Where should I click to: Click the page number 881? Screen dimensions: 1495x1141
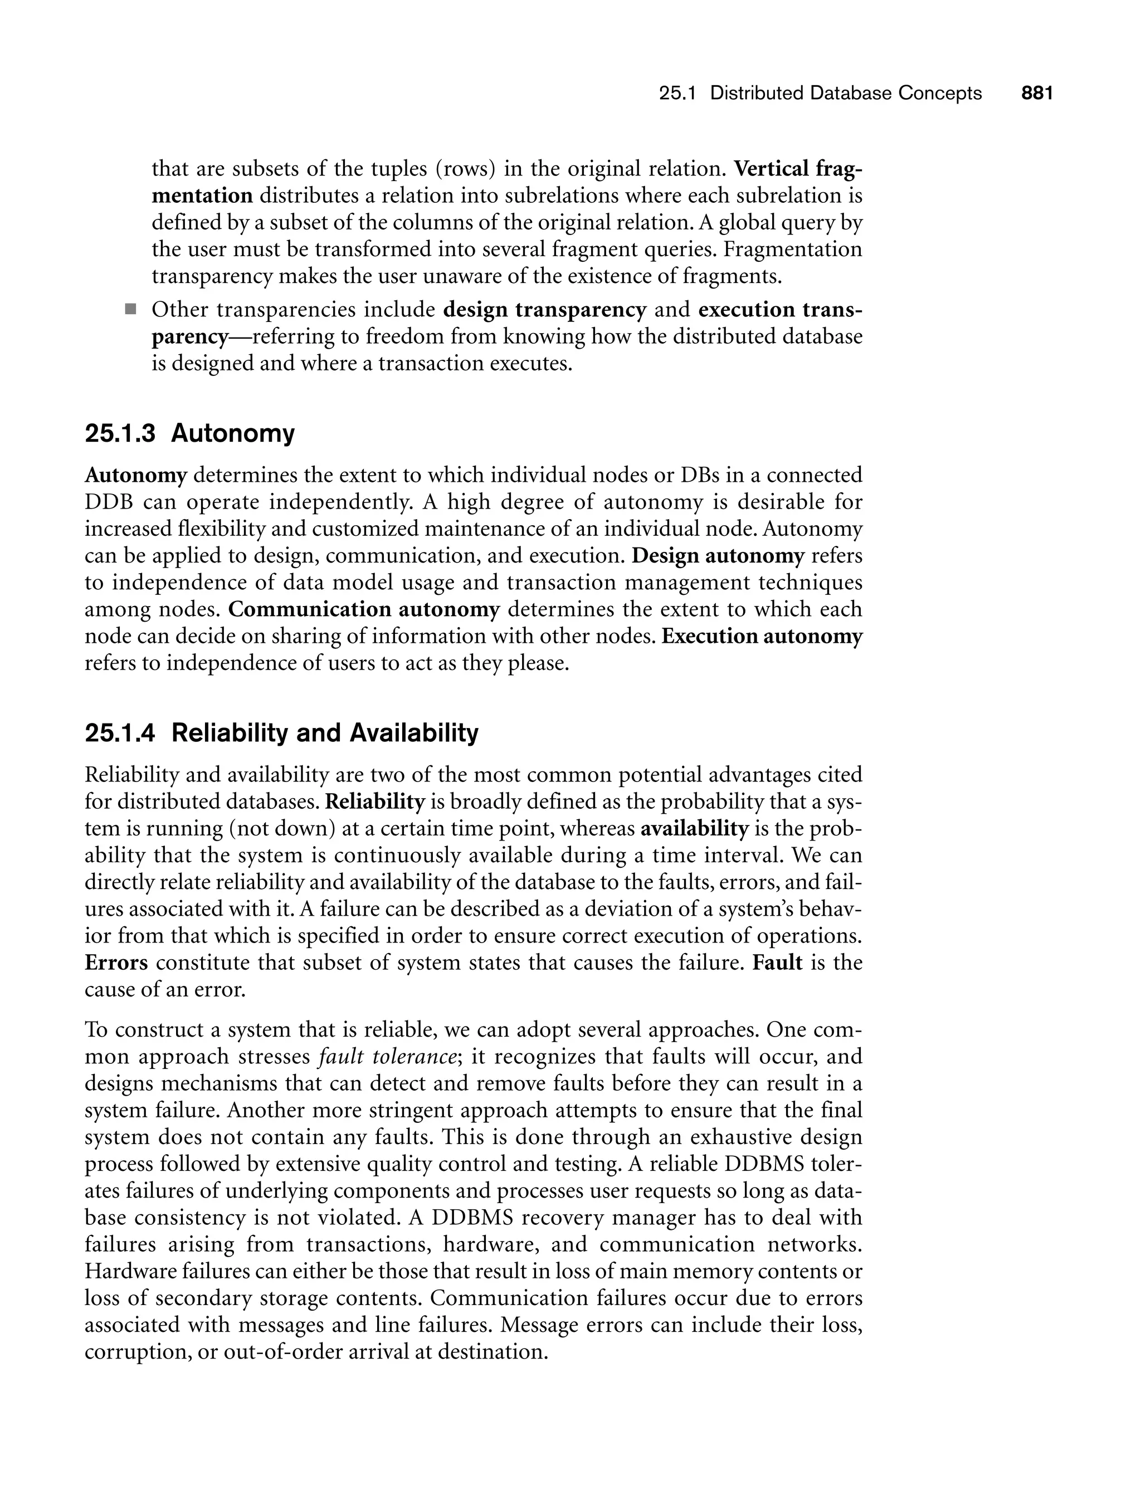1037,93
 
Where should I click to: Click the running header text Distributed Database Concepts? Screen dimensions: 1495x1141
846,93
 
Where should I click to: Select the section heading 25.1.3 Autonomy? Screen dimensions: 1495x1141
189,433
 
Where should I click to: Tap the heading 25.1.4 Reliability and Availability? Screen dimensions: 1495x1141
281,733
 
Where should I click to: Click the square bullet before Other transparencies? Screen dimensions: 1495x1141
130,310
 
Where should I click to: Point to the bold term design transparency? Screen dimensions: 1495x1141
544,310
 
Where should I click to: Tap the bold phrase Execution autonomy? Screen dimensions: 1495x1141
762,636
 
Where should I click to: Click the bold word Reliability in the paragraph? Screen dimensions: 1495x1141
375,802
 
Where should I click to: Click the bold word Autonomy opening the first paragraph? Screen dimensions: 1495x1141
135,475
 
